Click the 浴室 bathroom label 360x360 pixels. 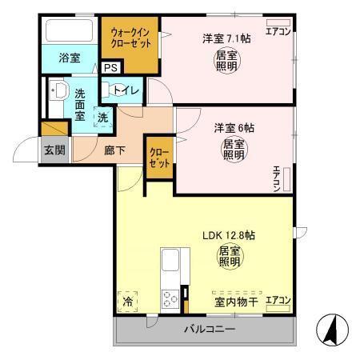pos(70,58)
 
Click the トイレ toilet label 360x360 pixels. pos(128,90)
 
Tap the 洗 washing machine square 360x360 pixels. pos(102,118)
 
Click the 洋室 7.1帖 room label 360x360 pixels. pos(221,38)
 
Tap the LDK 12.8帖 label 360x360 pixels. pos(228,236)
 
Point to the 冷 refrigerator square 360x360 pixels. pos(128,302)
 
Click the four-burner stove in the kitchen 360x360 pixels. pos(170,300)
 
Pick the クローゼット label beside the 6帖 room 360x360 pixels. pos(158,157)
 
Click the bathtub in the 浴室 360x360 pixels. pos(70,31)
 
